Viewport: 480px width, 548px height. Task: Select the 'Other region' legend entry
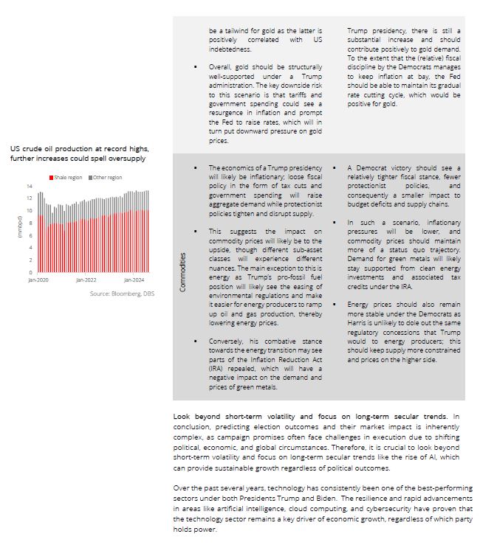pos(108,177)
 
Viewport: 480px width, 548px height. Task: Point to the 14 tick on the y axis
pos(30,186)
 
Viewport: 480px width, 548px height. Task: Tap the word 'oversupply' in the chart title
pos(126,159)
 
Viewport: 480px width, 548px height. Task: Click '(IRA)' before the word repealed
pos(219,369)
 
